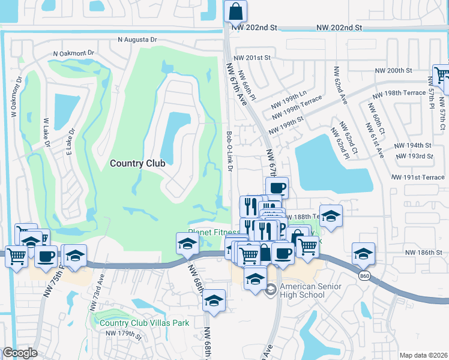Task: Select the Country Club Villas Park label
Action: (x=144, y=323)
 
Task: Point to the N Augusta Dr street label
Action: (x=137, y=40)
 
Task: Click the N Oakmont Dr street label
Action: (x=74, y=53)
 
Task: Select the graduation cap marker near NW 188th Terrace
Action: (x=331, y=216)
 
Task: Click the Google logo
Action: (x=20, y=353)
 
